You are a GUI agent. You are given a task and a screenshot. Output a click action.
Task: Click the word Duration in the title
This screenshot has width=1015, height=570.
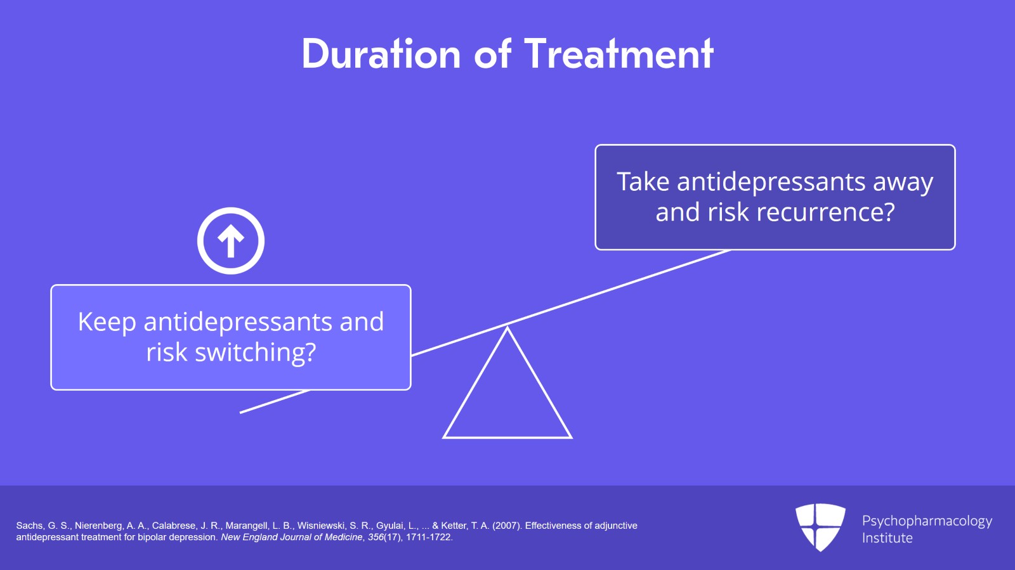coord(381,55)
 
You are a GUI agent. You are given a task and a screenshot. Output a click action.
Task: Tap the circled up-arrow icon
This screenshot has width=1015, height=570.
coord(231,241)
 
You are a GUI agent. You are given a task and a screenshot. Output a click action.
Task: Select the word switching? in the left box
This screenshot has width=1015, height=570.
coord(255,353)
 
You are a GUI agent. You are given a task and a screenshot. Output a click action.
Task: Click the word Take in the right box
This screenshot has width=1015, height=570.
coord(643,182)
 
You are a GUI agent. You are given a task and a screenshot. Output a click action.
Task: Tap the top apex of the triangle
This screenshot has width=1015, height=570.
coord(507,328)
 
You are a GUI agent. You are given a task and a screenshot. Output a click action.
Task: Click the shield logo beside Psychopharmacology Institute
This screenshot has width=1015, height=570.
coord(820,527)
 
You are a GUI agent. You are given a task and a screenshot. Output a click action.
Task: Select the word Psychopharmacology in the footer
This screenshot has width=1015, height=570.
coord(927,521)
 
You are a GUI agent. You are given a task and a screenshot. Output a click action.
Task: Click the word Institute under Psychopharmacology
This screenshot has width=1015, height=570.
coord(887,538)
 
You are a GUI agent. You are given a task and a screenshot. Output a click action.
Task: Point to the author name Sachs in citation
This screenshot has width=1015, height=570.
coord(29,526)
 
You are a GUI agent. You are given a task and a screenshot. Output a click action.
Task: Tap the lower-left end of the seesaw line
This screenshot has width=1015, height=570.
coord(242,412)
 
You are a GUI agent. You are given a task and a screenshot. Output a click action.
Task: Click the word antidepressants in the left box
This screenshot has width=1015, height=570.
coord(237,323)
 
